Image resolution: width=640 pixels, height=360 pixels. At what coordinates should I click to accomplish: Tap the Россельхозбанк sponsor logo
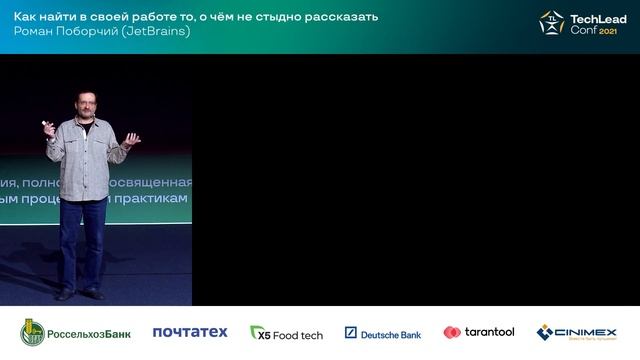click(x=76, y=332)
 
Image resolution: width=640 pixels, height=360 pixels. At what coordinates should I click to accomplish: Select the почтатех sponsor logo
click(x=190, y=332)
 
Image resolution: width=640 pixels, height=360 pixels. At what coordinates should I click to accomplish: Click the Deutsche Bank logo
click(x=383, y=333)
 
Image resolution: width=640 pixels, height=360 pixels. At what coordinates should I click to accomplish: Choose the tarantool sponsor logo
click(x=479, y=332)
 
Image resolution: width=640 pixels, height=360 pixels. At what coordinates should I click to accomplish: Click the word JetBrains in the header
click(x=161, y=31)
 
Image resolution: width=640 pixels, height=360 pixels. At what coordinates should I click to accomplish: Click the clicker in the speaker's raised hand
click(x=45, y=125)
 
